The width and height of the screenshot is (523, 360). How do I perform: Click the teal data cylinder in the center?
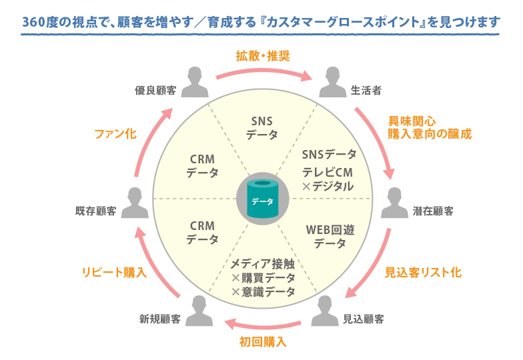pos(262,198)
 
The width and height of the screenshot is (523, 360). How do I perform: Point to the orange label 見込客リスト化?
pos(423,272)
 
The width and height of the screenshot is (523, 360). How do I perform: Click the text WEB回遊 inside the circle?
pos(330,229)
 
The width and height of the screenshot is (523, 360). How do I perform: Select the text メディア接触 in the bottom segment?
pos(262,263)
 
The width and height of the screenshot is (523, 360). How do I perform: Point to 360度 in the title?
pos(41,23)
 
